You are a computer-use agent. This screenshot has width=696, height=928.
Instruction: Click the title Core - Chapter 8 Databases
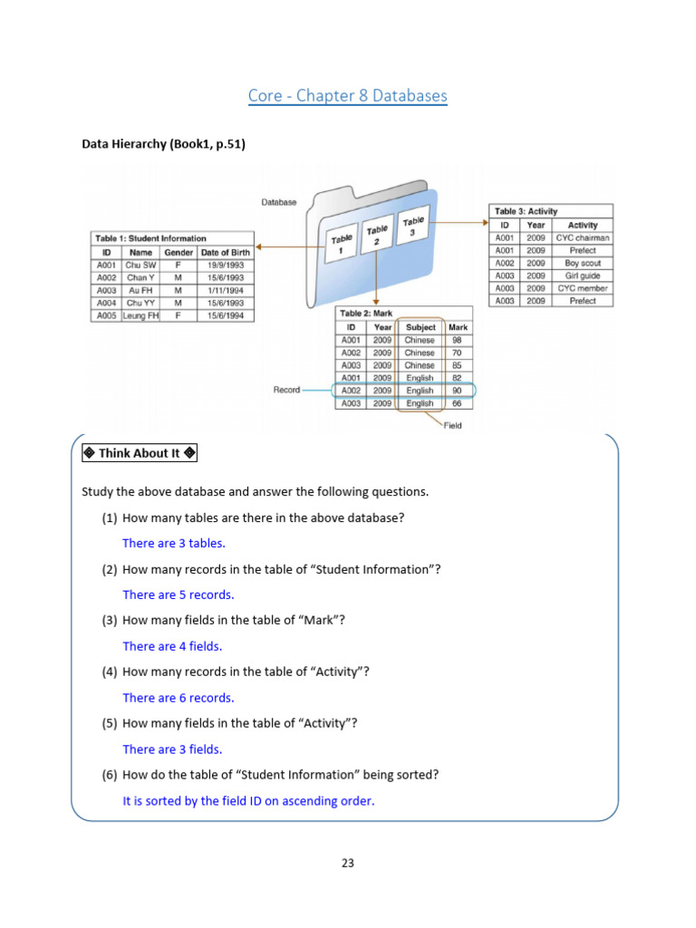coord(348,95)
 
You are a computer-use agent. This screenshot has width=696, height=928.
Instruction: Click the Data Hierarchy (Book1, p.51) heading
coord(163,143)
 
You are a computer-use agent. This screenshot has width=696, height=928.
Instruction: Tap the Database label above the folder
coord(279,202)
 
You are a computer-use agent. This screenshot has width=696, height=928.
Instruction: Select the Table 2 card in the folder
coord(376,237)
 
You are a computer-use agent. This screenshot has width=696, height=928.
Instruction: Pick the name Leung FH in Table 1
coord(140,315)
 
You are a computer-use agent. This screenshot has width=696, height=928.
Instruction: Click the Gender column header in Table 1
coord(178,252)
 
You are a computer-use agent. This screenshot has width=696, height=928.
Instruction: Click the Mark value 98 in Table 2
coord(457,340)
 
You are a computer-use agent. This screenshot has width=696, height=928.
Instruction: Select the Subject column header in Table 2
coord(420,327)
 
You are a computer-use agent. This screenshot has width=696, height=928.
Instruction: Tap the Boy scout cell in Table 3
coord(583,263)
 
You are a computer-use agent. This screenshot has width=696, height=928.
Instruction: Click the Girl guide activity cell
coord(583,275)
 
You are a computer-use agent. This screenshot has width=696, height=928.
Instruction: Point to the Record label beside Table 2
coord(287,391)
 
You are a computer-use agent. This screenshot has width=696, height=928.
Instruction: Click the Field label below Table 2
coord(452,425)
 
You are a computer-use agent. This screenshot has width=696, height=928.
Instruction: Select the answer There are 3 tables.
coord(174,543)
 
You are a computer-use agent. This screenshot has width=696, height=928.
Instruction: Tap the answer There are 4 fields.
coord(172,646)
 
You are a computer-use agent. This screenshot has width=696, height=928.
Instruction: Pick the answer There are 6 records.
coord(179,698)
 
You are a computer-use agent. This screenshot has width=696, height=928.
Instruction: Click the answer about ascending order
coord(248,801)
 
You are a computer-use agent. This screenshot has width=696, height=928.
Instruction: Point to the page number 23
coord(348,863)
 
